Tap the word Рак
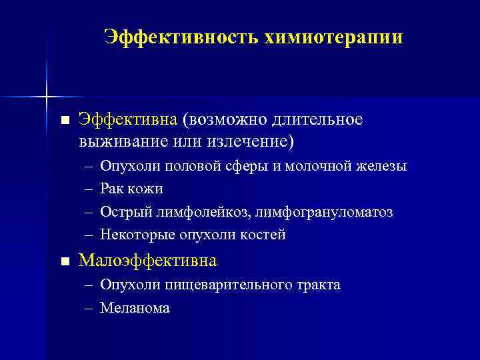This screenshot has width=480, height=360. coord(111,189)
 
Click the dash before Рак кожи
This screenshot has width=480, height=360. coord(89,189)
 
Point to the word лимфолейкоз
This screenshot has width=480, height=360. coord(195,212)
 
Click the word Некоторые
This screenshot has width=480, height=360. coord(132,235)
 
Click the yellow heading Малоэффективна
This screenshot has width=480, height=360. coord(147,260)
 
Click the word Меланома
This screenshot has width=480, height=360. coord(135,307)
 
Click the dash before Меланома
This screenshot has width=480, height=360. coord(89,308)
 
